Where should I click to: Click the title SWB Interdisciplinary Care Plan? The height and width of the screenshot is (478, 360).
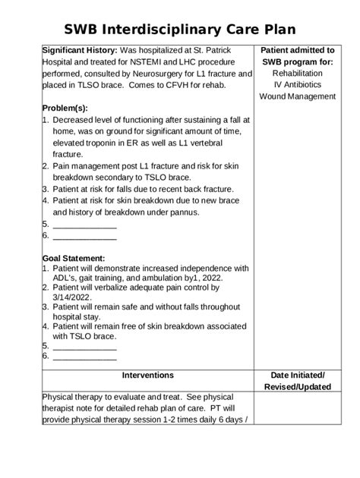point(180,29)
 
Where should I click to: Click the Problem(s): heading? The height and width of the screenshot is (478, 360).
point(68,107)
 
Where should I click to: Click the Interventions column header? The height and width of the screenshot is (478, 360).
point(147,376)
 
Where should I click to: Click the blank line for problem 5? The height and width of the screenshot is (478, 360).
point(84,225)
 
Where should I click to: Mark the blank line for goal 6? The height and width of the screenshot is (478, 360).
point(84,356)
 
